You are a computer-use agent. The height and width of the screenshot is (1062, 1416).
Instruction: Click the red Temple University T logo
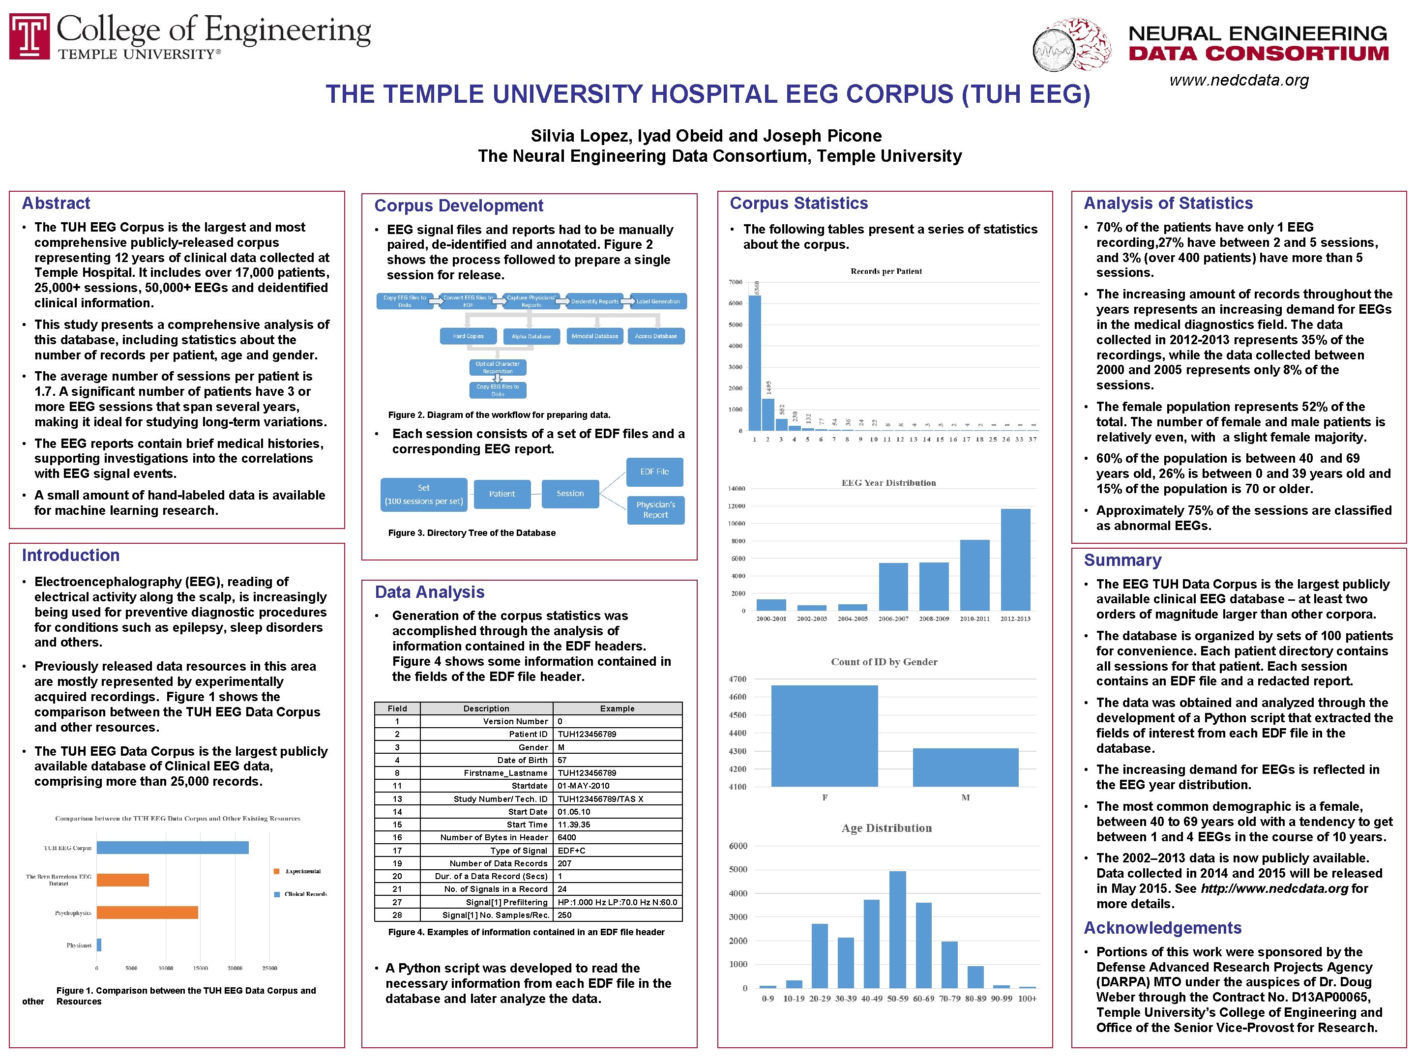[29, 36]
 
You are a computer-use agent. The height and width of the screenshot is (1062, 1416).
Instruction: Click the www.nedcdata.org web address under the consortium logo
[1239, 81]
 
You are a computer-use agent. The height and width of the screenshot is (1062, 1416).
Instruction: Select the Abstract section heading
[57, 204]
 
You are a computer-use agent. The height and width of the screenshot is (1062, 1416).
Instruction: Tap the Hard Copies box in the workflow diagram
[468, 336]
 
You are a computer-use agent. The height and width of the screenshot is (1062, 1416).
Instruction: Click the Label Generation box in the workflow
[658, 301]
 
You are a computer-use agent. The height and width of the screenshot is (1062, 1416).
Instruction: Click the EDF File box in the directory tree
[654, 472]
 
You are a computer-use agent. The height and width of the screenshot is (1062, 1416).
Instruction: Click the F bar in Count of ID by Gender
[824, 736]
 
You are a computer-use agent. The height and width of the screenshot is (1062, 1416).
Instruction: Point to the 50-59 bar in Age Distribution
[897, 929]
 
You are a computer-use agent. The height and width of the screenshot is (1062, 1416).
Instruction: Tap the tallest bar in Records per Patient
[755, 362]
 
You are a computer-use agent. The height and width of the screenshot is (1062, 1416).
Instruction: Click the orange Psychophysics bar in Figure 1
[147, 912]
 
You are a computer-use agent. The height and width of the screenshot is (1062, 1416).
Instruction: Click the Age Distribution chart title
[886, 828]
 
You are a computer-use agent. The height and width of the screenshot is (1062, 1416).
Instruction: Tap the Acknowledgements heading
[1162, 928]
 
